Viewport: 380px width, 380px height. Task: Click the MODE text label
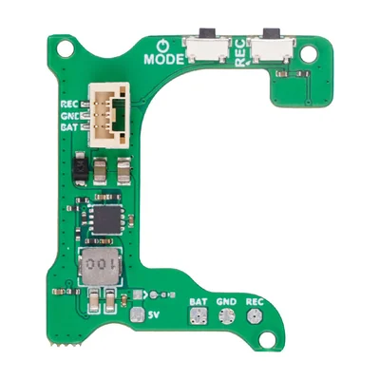point(163,59)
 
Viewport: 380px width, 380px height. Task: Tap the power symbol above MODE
point(163,46)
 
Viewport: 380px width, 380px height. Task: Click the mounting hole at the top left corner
point(66,49)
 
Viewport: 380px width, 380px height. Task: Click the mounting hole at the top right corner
point(308,53)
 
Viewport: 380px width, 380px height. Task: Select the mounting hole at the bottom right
point(266,339)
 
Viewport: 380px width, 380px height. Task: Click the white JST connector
point(109,115)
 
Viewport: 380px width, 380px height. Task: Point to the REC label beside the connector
point(69,104)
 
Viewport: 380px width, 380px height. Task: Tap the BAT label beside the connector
point(69,128)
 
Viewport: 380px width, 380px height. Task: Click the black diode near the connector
point(79,167)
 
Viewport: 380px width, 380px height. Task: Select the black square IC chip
point(106,219)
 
